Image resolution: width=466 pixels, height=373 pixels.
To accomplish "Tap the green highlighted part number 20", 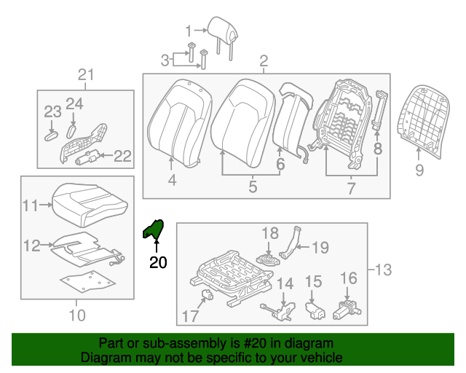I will pyautogui.click(x=154, y=229).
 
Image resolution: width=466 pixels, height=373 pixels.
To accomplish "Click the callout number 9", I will pyautogui.click(x=419, y=170).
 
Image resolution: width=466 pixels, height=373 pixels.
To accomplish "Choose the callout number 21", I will pyautogui.click(x=87, y=74).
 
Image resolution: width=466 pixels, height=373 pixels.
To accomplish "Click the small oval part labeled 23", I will pyautogui.click(x=50, y=135).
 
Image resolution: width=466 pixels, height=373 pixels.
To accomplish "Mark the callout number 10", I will pyautogui.click(x=77, y=315).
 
